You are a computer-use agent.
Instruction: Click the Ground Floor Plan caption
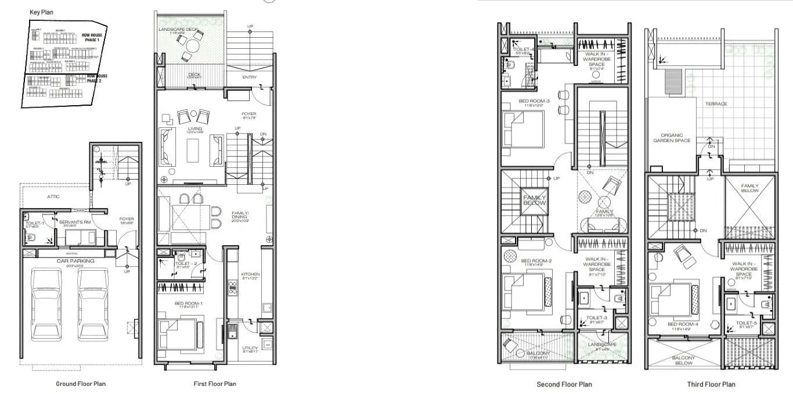pyautogui.click(x=81, y=384)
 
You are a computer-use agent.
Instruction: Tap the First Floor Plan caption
pyautogui.click(x=215, y=384)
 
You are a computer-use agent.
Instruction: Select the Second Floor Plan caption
pyautogui.click(x=564, y=384)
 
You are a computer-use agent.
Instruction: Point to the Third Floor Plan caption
pyautogui.click(x=711, y=384)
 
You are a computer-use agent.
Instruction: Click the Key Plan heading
pyautogui.click(x=41, y=12)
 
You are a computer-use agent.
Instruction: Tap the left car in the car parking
pyautogui.click(x=49, y=304)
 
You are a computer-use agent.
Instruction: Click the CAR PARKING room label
pyautogui.click(x=76, y=261)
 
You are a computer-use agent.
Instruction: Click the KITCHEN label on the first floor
pyautogui.click(x=250, y=274)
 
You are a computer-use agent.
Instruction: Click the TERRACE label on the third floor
pyautogui.click(x=716, y=104)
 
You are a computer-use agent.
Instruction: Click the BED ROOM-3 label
pyautogui.click(x=531, y=101)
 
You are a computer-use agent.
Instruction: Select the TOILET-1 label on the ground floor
pyautogui.click(x=32, y=223)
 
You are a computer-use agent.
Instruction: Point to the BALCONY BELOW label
pyautogui.click(x=683, y=360)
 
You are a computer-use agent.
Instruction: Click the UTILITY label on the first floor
pyautogui.click(x=250, y=349)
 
